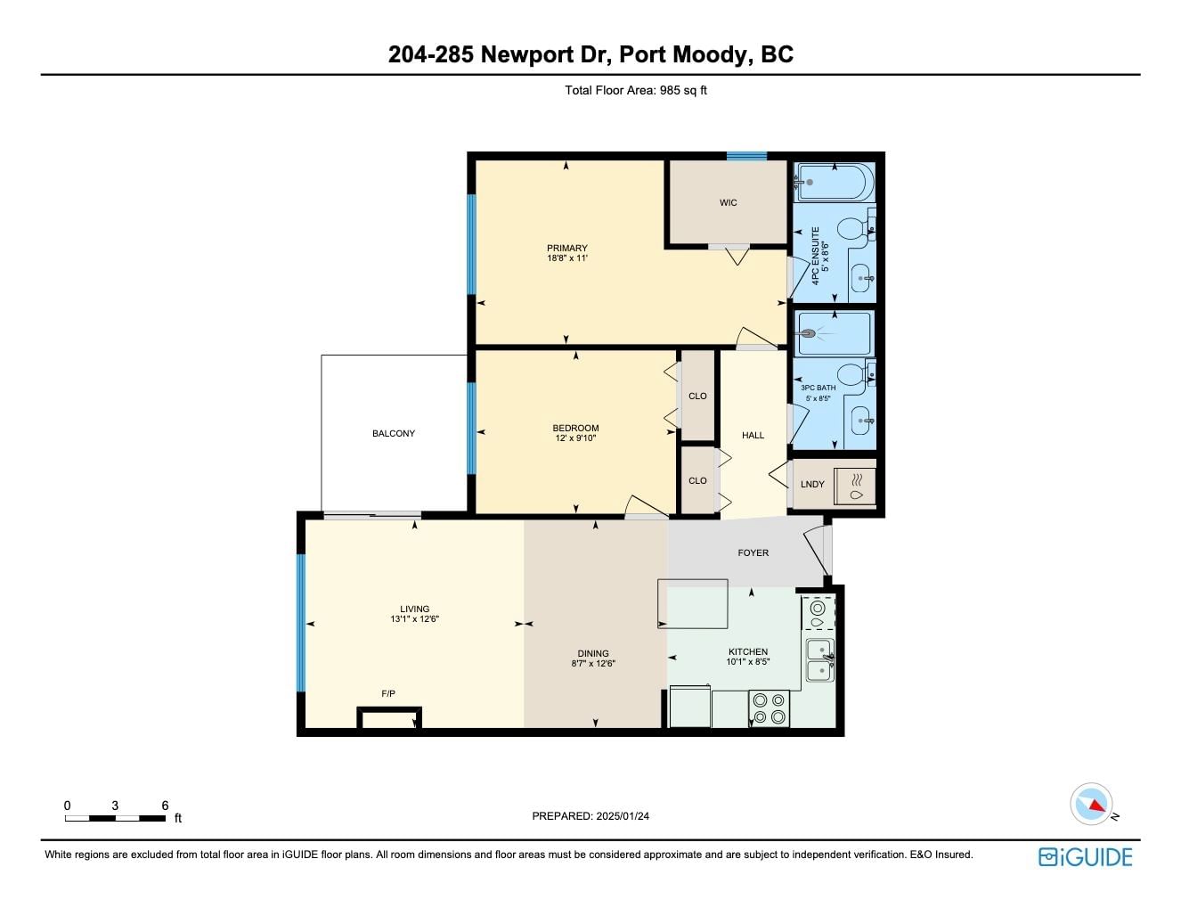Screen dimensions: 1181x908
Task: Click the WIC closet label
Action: (x=728, y=203)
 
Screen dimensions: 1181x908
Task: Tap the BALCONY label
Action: (x=394, y=433)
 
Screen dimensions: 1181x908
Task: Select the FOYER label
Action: (x=753, y=553)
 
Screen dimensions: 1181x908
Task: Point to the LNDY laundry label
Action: (x=812, y=484)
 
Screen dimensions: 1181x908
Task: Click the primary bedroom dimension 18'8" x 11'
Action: (x=566, y=258)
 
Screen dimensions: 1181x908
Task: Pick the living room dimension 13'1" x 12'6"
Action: (x=414, y=618)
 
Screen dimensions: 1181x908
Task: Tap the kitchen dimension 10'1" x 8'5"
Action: (x=748, y=662)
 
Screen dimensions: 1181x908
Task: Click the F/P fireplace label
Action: (x=388, y=694)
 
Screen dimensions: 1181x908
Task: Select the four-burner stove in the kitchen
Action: (x=769, y=708)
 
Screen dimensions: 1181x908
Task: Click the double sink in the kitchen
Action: (x=819, y=660)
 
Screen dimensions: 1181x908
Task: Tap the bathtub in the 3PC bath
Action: (x=833, y=333)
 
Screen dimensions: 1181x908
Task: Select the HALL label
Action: (x=753, y=435)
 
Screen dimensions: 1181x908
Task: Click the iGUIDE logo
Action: (x=1085, y=857)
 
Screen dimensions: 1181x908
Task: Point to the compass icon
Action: (x=1091, y=805)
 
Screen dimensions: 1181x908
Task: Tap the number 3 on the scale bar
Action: (x=115, y=806)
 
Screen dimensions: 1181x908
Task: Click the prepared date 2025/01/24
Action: (x=623, y=816)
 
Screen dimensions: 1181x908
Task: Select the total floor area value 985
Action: (x=670, y=90)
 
